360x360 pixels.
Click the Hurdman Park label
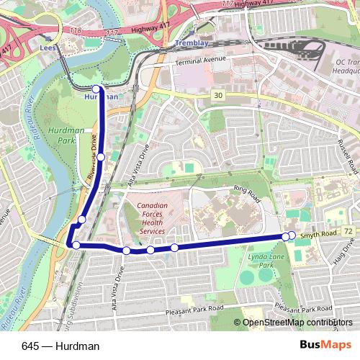click(71, 135)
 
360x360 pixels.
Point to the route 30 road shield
click(217, 94)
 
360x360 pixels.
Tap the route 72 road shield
click(349, 230)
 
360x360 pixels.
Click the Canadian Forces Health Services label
click(153, 219)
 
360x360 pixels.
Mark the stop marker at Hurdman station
click(96, 89)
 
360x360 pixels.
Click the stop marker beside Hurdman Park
click(101, 156)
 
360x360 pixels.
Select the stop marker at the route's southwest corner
click(76, 246)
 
